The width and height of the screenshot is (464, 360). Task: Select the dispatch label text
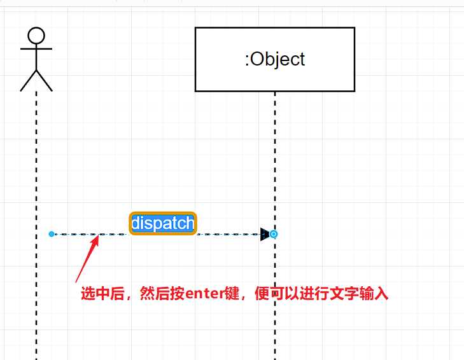point(162,223)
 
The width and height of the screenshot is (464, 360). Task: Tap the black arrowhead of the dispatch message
point(265,234)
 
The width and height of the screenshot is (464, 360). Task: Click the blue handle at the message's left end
point(52,234)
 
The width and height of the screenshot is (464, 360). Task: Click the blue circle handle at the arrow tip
point(274,234)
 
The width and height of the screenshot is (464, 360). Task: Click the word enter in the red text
point(203,294)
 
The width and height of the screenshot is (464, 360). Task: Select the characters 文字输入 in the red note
point(363,294)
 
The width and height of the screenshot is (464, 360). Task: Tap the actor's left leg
point(29,81)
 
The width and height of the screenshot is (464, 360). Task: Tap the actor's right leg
point(45,81)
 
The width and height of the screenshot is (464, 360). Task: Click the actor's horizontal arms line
point(36,48)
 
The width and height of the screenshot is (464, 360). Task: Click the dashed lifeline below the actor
point(36,159)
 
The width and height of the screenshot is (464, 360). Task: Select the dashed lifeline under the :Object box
point(275,159)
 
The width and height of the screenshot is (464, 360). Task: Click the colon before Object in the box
point(247,60)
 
